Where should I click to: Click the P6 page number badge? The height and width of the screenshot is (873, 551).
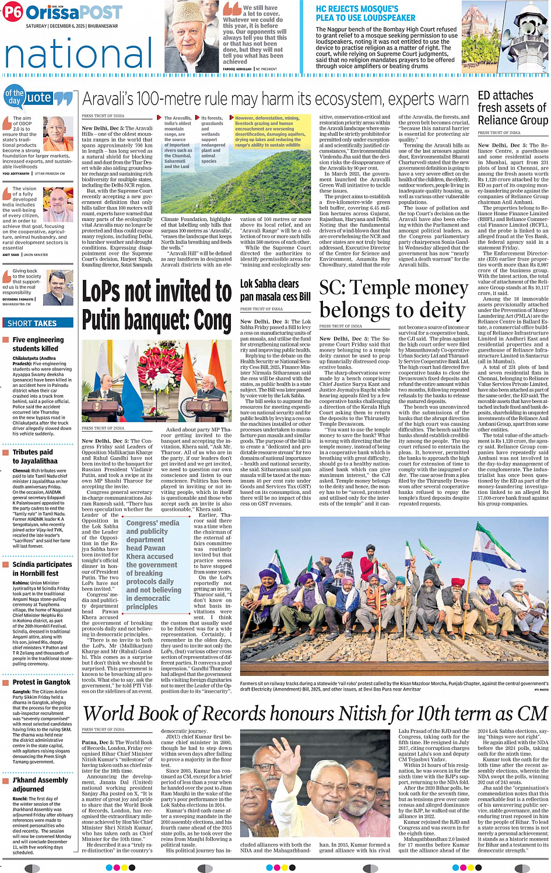13,12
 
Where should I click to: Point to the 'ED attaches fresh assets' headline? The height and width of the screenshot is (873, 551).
513,108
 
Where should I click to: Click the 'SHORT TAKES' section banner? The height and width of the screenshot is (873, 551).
32,323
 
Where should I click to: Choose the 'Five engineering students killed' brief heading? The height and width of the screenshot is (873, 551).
38,344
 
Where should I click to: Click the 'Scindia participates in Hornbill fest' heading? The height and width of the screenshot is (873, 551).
42,569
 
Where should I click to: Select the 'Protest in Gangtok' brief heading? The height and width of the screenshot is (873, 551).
41,682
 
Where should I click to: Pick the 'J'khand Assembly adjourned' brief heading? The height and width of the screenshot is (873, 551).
40,784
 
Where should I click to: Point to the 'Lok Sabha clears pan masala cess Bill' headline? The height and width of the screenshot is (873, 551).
275,290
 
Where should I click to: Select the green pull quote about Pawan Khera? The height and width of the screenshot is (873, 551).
154,565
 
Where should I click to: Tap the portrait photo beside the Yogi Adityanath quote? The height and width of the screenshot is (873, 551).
58,134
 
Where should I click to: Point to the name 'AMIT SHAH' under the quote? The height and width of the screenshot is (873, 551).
10,255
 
